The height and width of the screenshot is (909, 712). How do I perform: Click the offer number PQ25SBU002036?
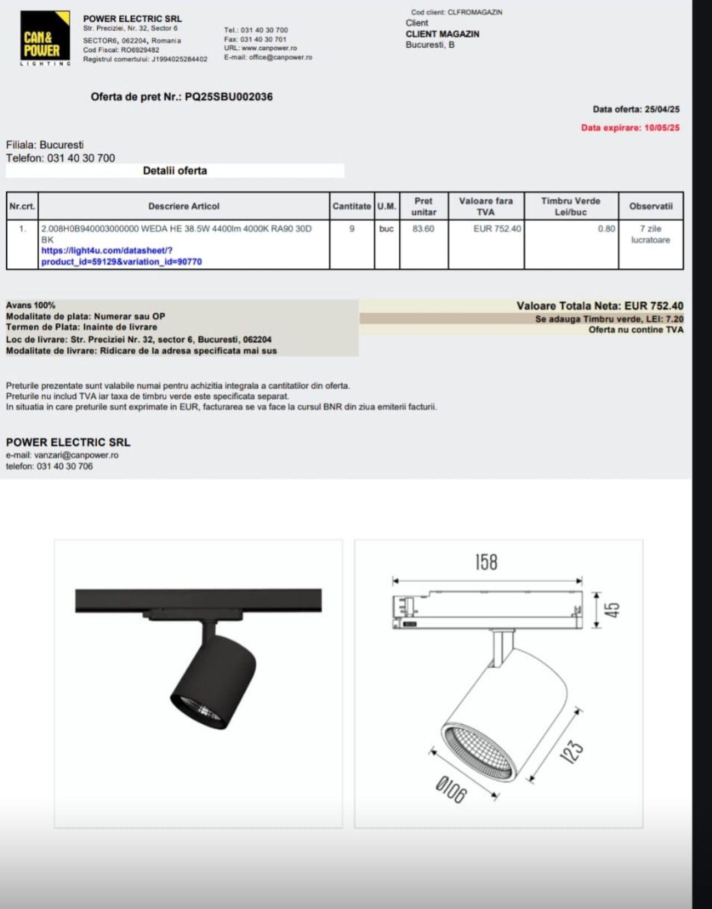(x=228, y=97)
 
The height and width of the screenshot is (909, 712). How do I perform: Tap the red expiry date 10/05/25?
(x=662, y=128)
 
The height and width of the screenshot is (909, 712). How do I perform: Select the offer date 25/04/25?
(x=662, y=109)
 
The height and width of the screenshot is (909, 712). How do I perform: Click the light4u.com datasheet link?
(x=121, y=256)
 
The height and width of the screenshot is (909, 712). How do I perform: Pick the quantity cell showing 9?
(x=352, y=228)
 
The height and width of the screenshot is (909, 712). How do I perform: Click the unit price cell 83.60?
(x=423, y=228)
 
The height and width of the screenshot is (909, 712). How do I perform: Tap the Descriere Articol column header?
(x=184, y=206)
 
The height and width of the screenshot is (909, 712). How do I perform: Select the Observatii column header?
(x=650, y=206)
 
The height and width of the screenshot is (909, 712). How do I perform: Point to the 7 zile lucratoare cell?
(x=650, y=234)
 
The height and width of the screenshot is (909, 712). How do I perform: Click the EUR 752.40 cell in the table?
(x=497, y=228)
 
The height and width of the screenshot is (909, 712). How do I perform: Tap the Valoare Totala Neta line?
(x=599, y=306)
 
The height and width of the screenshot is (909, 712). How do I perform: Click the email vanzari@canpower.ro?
(x=76, y=455)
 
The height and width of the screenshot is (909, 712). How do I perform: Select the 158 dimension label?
(x=486, y=562)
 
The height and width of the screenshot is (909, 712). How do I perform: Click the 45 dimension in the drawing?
(x=612, y=610)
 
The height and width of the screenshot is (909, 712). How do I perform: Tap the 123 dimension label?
(x=574, y=751)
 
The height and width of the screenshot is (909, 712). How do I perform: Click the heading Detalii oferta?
(x=175, y=171)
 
